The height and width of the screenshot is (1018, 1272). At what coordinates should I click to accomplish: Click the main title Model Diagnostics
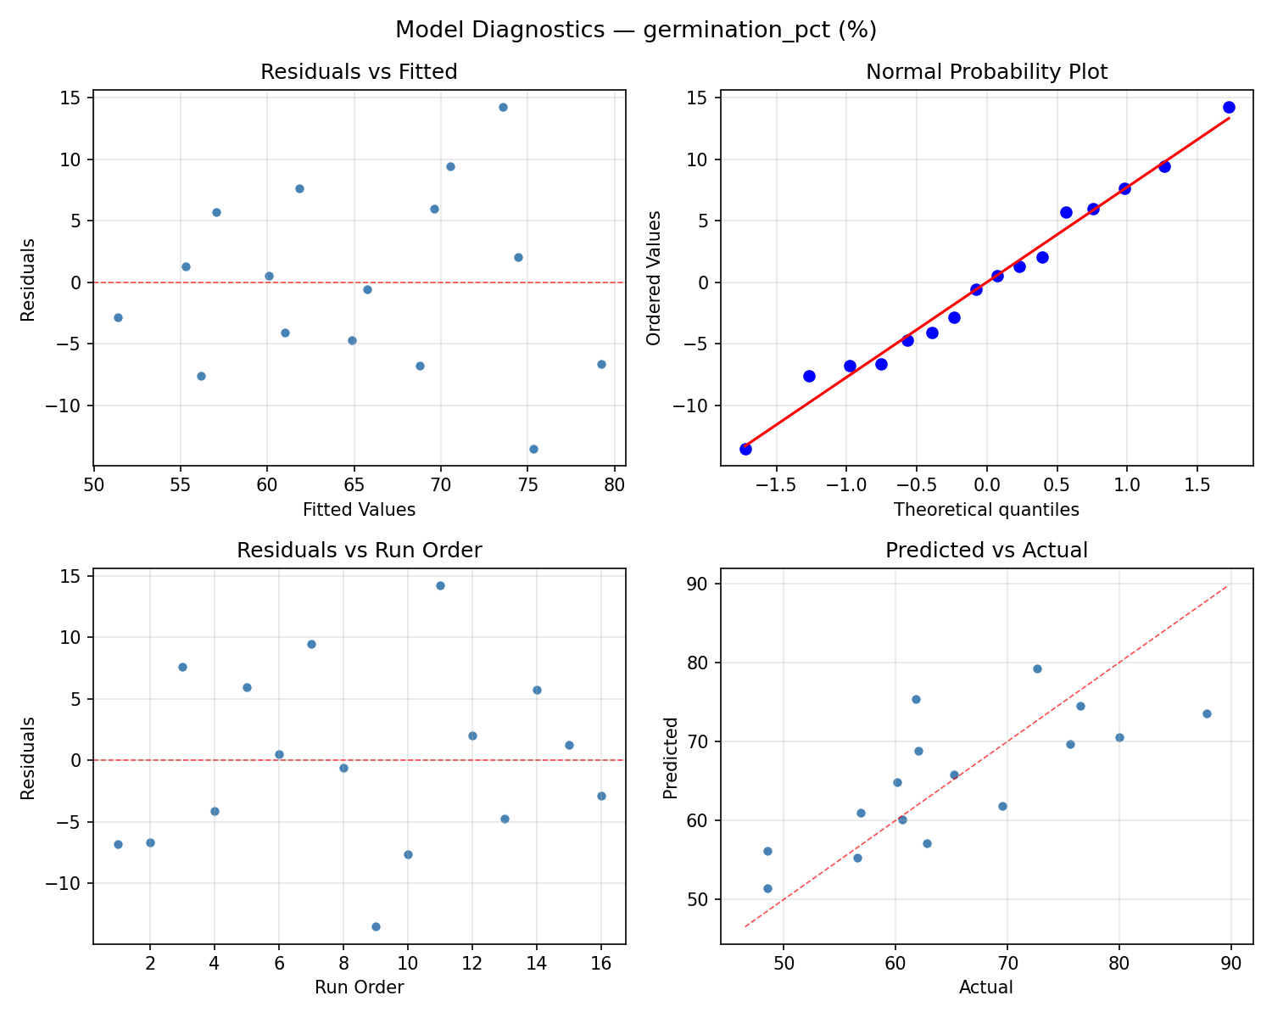coord(636,31)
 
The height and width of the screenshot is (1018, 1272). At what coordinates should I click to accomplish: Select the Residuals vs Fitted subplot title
coord(359,72)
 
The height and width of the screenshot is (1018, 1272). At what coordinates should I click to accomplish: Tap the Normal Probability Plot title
coord(986,72)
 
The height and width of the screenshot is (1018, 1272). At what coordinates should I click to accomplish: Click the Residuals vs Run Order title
coord(359,551)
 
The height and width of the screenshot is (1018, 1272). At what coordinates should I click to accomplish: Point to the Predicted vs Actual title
coord(986,551)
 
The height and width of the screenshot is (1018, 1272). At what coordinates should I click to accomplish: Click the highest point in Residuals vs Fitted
coord(503,107)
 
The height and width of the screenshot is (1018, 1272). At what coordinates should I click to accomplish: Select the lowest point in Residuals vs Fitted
coord(533,449)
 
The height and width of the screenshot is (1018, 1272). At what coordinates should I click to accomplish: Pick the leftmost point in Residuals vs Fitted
coord(118,317)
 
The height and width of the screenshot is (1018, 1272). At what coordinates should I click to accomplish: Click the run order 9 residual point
coord(376,926)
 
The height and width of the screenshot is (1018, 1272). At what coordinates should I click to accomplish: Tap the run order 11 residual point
coord(440,585)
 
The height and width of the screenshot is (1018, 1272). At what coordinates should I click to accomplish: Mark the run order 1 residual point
coord(118,844)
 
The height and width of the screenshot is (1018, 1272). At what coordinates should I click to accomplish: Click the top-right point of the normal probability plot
coord(1229,107)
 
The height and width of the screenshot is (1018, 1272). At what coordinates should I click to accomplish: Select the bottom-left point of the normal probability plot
coord(745,449)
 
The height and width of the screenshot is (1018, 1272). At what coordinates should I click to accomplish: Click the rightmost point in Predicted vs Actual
coord(1207,713)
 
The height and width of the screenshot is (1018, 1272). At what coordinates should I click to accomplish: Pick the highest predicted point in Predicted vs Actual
coord(1037,668)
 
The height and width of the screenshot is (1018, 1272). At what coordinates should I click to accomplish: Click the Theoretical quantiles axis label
coord(986,510)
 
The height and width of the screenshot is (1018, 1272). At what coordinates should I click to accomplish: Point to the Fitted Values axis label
coord(359,510)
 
